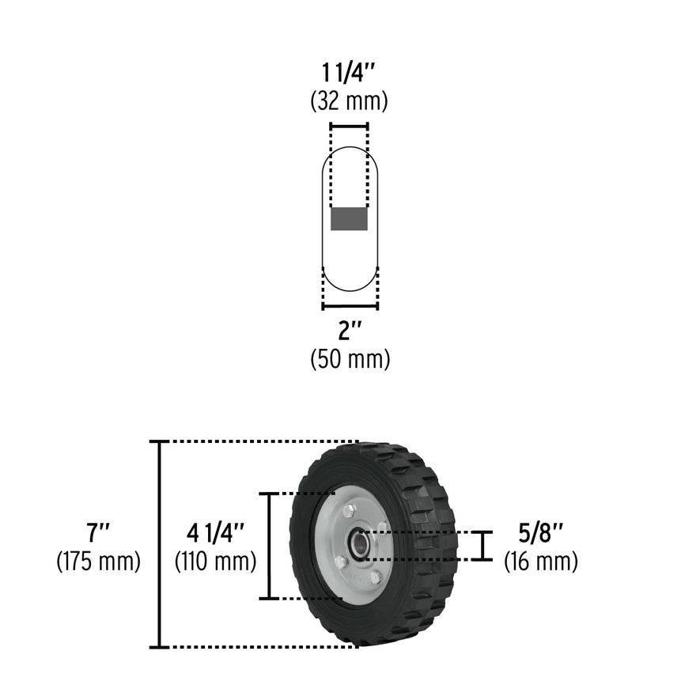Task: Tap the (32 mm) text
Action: [x=349, y=102]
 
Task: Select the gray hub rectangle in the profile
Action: [x=349, y=218]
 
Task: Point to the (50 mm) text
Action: [x=350, y=358]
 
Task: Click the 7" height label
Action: [x=98, y=532]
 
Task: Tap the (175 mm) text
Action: [x=98, y=562]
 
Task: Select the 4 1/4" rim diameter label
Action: [x=215, y=532]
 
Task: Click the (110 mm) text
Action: [x=215, y=562]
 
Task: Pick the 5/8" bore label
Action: [x=541, y=532]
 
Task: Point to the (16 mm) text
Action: [x=541, y=562]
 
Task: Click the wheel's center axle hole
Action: [x=361, y=543]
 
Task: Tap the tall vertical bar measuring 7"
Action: [x=161, y=544]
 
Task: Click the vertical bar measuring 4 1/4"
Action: [x=271, y=546]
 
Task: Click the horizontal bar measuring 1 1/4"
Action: [x=349, y=127]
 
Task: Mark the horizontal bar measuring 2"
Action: [x=350, y=306]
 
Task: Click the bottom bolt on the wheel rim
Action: [x=376, y=577]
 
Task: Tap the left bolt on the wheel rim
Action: [x=340, y=562]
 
